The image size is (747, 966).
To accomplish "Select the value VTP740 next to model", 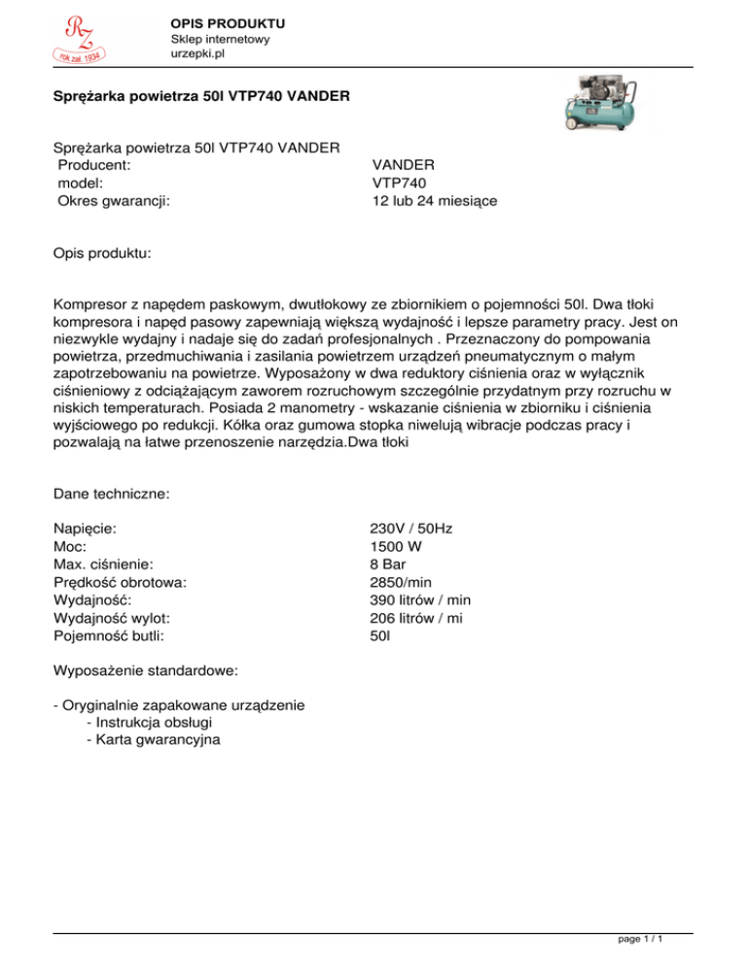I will (x=399, y=182).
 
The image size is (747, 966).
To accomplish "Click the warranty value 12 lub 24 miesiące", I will (x=435, y=200).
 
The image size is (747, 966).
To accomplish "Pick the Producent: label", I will (x=95, y=164).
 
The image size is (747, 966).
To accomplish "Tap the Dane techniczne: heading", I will (x=112, y=494).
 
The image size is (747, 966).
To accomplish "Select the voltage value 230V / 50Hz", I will (x=411, y=529).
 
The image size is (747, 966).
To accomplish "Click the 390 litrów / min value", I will (x=420, y=600).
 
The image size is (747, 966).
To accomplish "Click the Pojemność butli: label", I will (x=108, y=636).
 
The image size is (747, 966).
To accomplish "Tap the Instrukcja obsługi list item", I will (x=150, y=723).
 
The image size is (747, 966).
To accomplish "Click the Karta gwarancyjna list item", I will (x=153, y=741).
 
